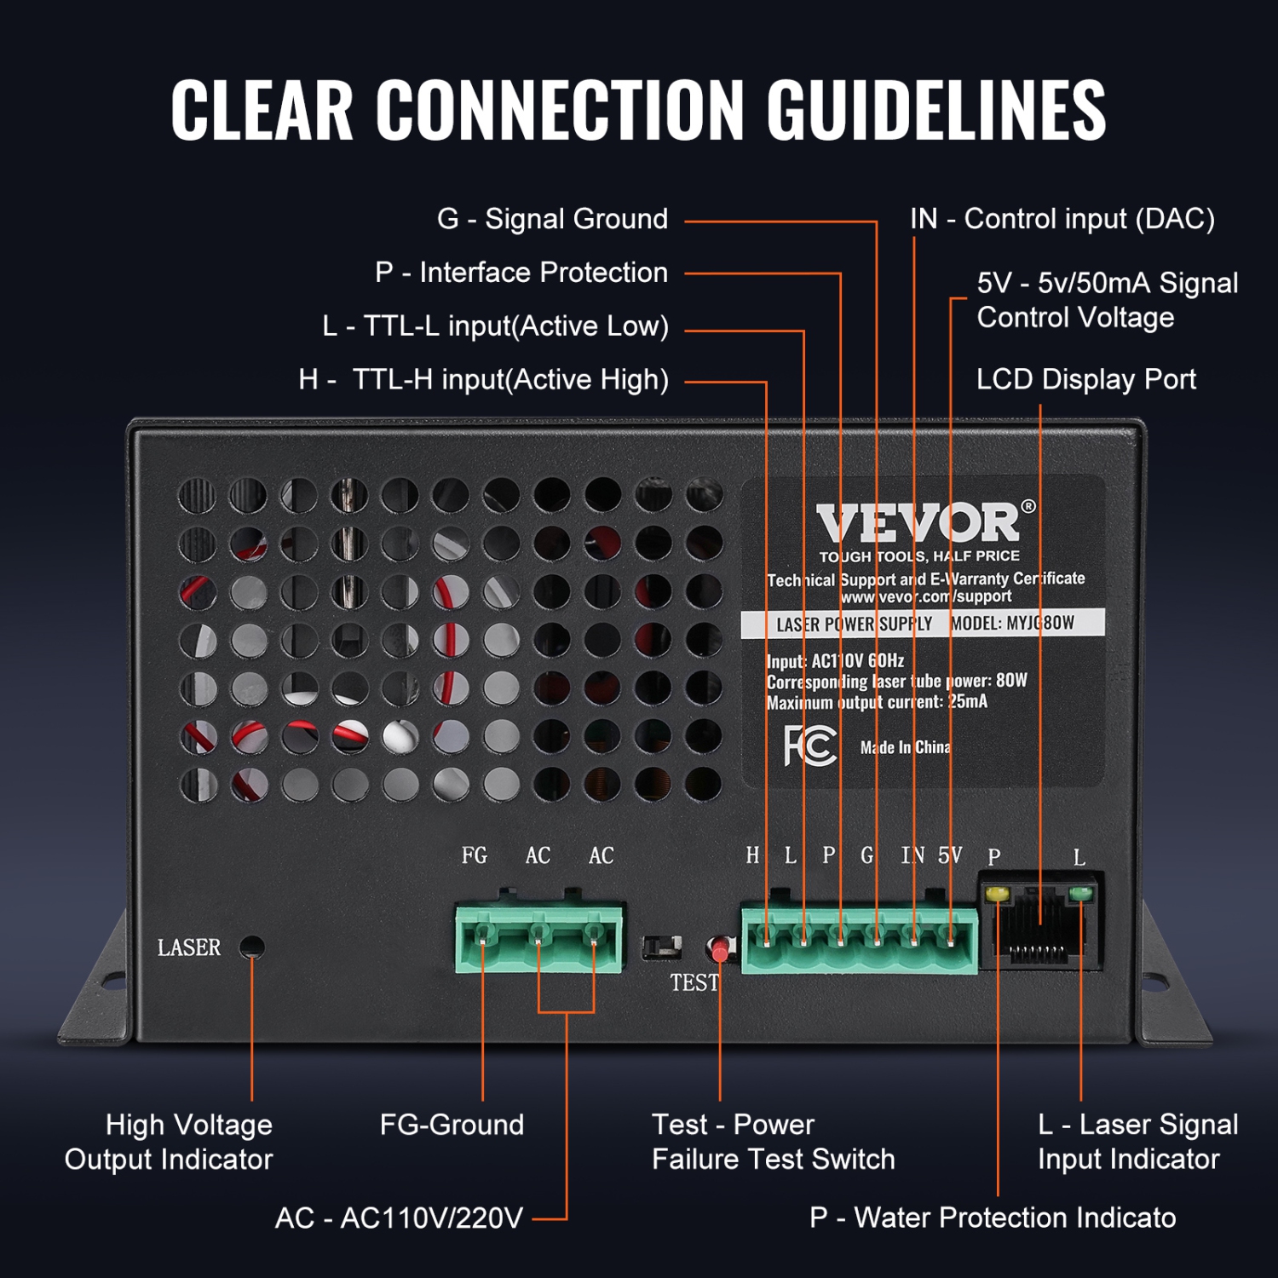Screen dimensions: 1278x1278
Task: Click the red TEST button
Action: click(x=720, y=948)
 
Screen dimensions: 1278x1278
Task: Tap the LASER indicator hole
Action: click(x=251, y=947)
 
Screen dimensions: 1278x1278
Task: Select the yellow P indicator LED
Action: click(x=996, y=895)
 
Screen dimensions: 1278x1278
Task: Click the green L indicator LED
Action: click(x=1080, y=894)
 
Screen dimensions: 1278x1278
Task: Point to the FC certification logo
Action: click(x=809, y=746)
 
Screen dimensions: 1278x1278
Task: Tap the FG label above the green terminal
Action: click(x=475, y=855)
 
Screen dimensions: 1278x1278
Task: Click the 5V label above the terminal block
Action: click(x=950, y=855)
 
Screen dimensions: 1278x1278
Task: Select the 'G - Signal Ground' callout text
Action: click(x=552, y=219)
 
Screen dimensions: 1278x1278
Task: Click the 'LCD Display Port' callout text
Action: click(x=1085, y=379)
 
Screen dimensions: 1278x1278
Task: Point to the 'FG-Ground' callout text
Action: click(x=452, y=1125)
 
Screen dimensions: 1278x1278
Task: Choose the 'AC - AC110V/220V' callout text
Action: click(x=399, y=1218)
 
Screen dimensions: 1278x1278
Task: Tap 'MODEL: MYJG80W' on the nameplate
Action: click(x=1012, y=624)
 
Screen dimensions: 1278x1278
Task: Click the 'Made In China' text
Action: click(x=905, y=747)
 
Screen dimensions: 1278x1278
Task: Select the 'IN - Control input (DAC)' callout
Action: click(x=1062, y=219)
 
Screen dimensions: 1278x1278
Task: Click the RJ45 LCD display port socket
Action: click(x=1039, y=924)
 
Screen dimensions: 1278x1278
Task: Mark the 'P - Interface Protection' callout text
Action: click(x=521, y=273)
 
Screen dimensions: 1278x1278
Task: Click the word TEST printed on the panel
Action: click(x=694, y=983)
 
